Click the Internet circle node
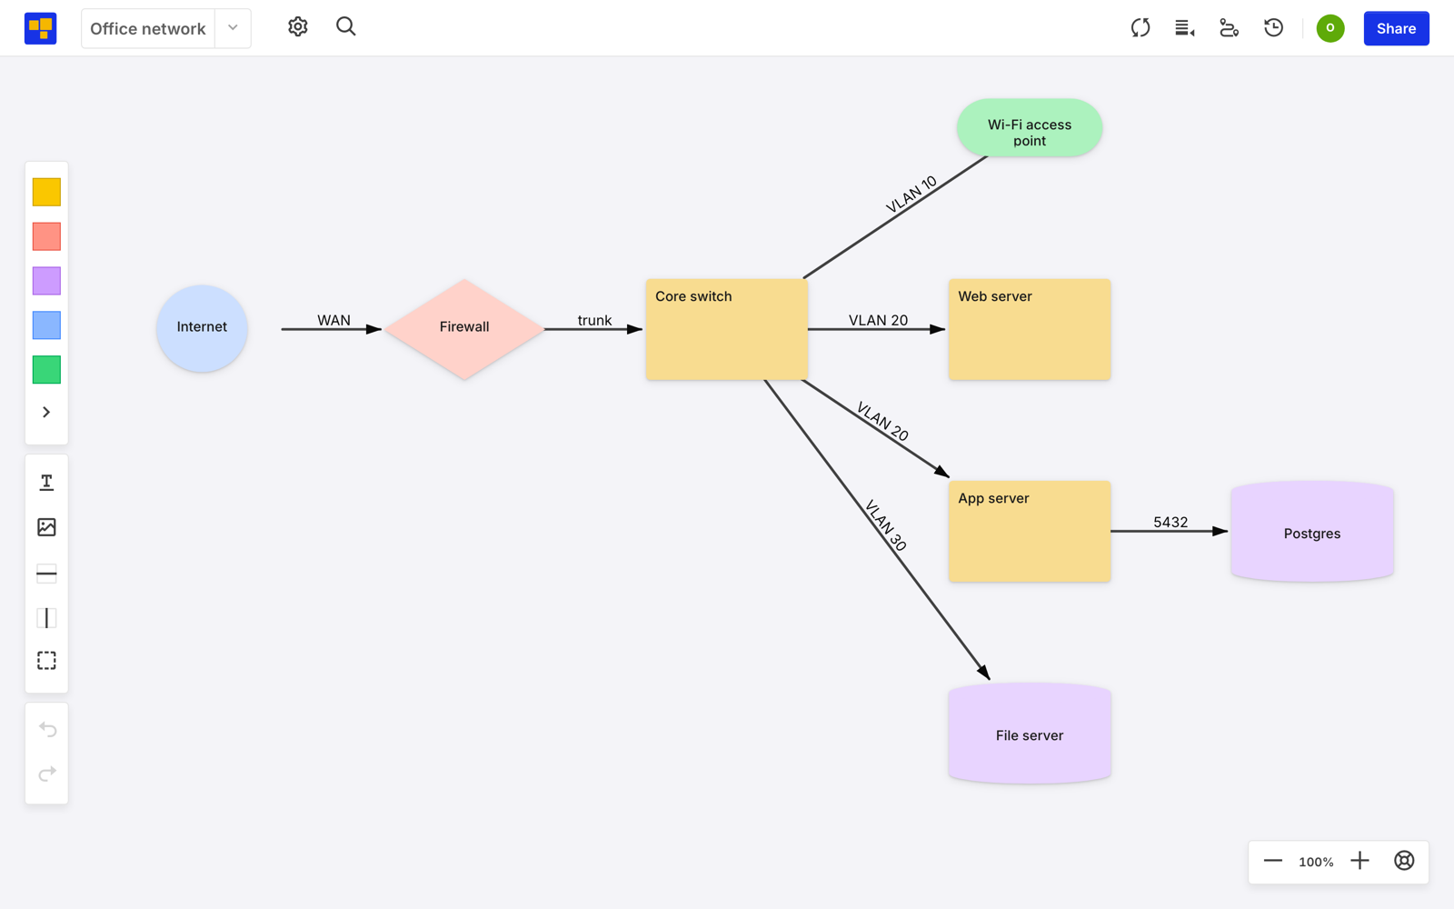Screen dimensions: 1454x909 click(x=202, y=328)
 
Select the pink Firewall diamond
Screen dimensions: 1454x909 click(x=464, y=329)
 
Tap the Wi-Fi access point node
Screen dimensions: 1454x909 click(x=1030, y=128)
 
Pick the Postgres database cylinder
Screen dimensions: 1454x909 click(x=1312, y=531)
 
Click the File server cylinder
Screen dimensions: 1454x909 click(x=1030, y=733)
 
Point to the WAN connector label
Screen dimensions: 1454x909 click(x=334, y=320)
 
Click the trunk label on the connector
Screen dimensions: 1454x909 click(x=594, y=320)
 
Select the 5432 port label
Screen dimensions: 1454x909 click(x=1170, y=522)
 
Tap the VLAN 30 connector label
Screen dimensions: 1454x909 click(x=885, y=525)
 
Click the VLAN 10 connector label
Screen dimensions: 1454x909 click(x=911, y=194)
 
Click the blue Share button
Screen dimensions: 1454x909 click(x=1396, y=28)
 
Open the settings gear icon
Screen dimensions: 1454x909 click(x=298, y=27)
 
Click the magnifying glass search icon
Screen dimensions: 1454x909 click(x=346, y=27)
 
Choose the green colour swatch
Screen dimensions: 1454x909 click(x=46, y=369)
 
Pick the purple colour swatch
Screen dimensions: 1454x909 click(x=46, y=281)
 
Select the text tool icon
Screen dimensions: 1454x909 click(x=46, y=483)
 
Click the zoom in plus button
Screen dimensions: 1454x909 click(x=1359, y=861)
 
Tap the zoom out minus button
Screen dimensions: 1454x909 click(x=1273, y=861)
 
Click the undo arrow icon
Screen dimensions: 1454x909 click(x=47, y=729)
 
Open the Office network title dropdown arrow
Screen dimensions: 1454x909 click(x=233, y=28)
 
